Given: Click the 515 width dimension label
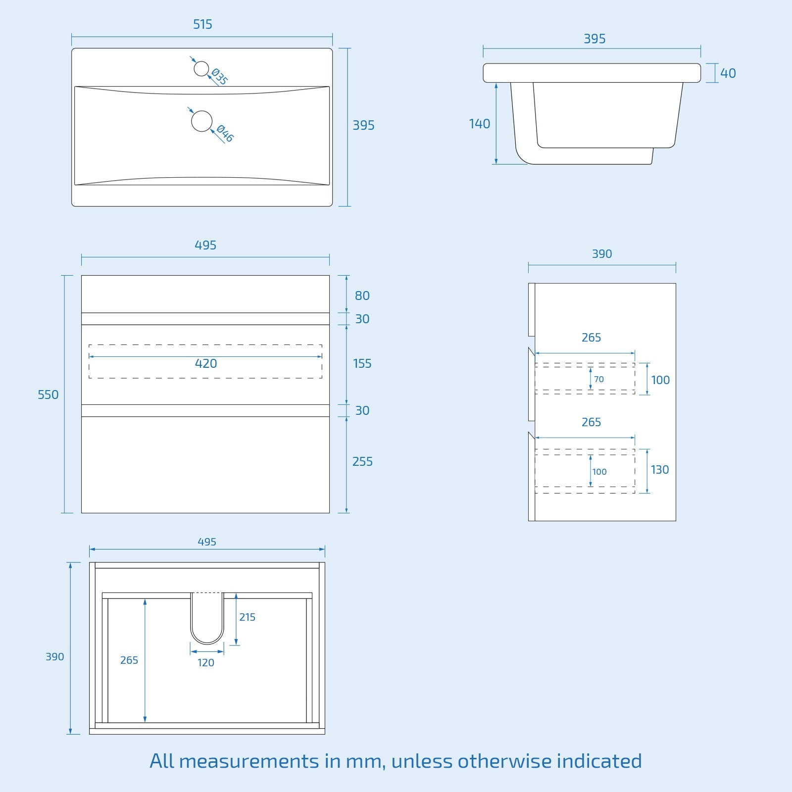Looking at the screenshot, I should [202, 24].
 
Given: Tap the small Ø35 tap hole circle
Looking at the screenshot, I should [201, 69].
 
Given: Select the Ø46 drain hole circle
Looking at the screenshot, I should [201, 121].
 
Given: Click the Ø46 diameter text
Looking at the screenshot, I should [225, 133].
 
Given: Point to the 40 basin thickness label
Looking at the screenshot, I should [728, 73].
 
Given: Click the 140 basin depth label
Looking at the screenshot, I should [479, 124].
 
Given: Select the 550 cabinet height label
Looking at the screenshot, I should [48, 395].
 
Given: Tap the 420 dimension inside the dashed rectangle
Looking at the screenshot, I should [205, 364].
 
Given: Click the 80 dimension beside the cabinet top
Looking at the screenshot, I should [362, 296].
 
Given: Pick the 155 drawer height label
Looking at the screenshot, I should [362, 364].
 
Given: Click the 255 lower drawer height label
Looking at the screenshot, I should [362, 461].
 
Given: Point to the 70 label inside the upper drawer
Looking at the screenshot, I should [599, 379].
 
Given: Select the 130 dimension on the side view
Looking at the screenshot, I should [659, 470].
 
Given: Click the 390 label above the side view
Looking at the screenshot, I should [602, 254].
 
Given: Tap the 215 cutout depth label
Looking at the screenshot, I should [247, 617].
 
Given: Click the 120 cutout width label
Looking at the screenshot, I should [206, 663].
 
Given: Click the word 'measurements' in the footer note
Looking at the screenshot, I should [249, 761].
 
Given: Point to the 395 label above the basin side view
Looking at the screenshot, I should [594, 39].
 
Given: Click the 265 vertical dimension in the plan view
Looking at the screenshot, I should [129, 660].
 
